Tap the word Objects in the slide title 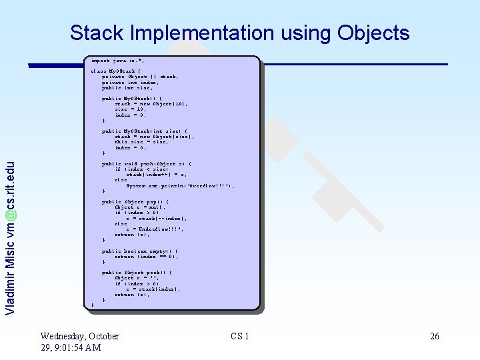click(374, 33)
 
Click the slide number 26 click(435, 337)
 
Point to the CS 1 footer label click(240, 337)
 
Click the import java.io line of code click(117, 60)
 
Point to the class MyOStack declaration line click(116, 71)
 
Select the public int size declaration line click(127, 87)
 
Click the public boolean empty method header click(140, 251)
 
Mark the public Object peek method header click(137, 273)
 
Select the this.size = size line click(141, 141)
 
